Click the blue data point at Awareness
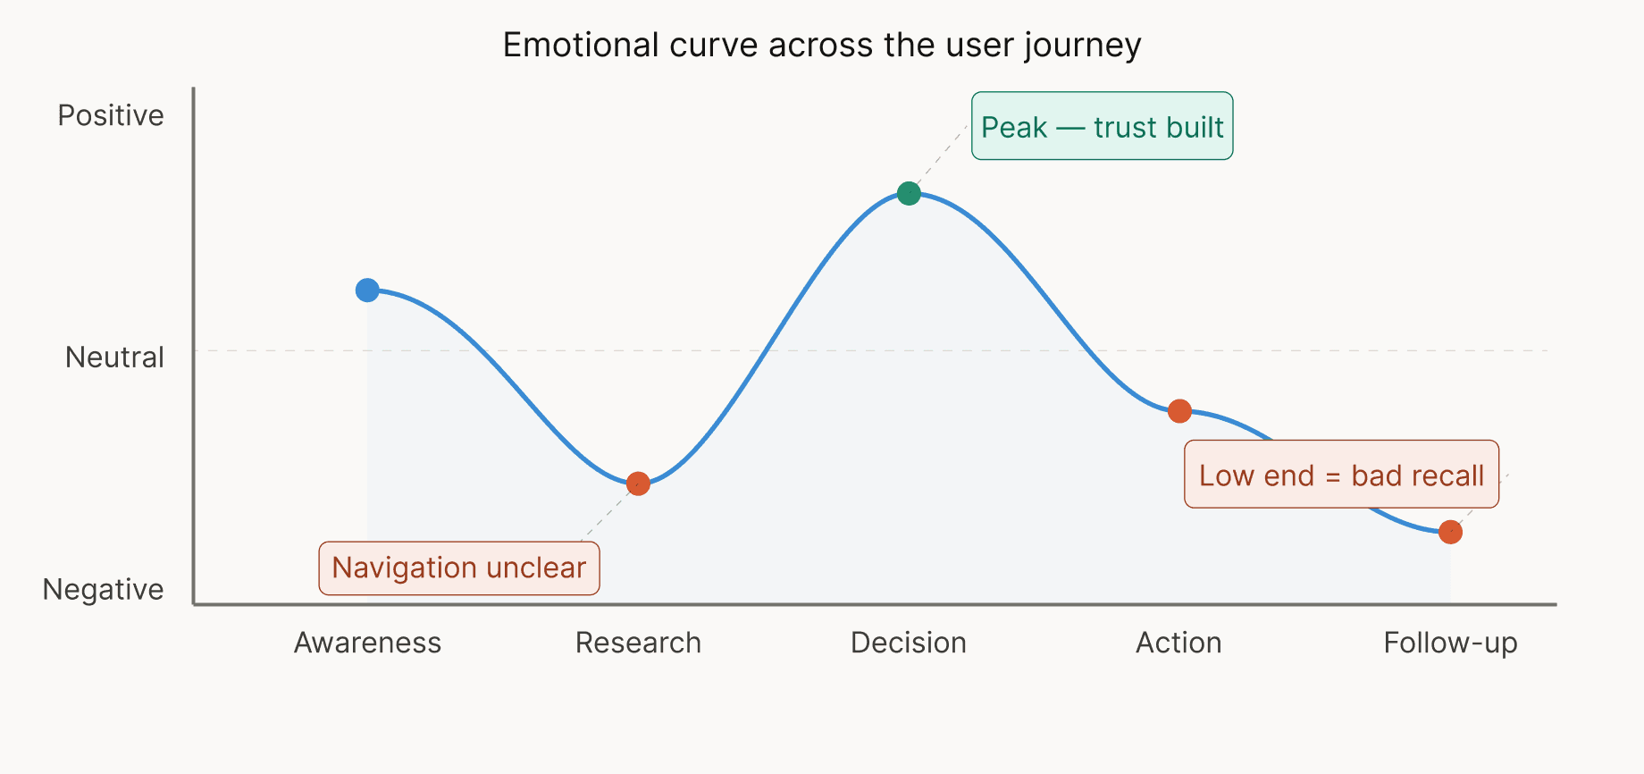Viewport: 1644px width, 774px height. tap(367, 290)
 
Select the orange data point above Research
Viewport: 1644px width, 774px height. tap(638, 484)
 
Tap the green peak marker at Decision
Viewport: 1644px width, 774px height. tap(909, 193)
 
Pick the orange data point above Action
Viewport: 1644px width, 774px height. tap(1179, 411)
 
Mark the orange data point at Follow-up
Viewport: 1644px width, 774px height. tap(1450, 532)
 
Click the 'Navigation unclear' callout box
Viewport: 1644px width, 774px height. tap(459, 568)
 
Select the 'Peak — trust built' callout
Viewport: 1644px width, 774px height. tap(1102, 126)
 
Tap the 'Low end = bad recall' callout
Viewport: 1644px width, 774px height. tap(1341, 475)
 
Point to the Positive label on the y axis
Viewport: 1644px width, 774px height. tap(111, 115)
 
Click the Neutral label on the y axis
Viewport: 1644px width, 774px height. tap(114, 358)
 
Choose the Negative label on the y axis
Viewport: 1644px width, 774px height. tap(103, 590)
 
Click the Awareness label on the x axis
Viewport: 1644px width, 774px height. tap(367, 643)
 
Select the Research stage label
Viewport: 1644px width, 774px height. tap(638, 643)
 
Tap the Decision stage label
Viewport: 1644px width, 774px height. tap(909, 643)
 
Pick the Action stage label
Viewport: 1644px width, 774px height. tap(1178, 643)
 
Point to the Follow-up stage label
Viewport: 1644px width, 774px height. tap(1450, 643)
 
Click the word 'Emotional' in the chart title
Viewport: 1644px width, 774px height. tap(581, 45)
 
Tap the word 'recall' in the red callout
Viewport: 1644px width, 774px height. tap(1447, 475)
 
